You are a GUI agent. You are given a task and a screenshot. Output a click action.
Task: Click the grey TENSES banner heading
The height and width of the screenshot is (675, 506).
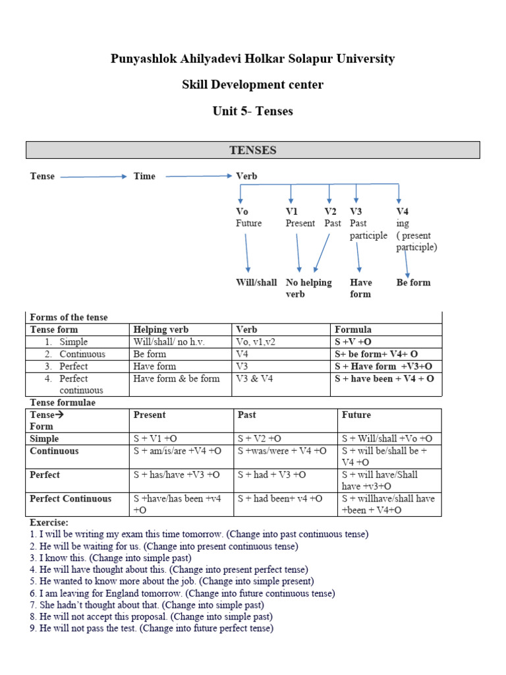point(253,150)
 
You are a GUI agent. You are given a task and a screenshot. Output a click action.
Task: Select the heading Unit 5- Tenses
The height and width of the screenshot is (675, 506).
point(253,111)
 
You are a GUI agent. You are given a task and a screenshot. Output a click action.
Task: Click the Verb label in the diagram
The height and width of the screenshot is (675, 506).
point(246,176)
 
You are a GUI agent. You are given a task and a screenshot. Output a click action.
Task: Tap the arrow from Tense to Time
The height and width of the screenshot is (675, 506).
point(93,177)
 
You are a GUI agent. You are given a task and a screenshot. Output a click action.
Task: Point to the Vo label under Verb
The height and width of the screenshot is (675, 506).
point(242,212)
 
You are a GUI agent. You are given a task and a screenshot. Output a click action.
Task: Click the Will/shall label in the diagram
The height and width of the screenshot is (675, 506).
point(256,282)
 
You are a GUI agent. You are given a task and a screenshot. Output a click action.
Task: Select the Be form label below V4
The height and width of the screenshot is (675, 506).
point(413,282)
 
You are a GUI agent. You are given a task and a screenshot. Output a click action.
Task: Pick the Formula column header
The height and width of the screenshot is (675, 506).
point(353,330)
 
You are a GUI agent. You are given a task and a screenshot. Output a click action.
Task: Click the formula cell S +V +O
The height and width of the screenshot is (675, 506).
point(353,342)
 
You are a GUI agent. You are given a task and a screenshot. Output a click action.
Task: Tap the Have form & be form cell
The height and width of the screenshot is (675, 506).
point(177,378)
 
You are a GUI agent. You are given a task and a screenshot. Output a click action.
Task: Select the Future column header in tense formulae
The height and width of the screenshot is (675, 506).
point(356,415)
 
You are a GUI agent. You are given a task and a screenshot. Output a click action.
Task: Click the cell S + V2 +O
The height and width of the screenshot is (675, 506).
point(260,438)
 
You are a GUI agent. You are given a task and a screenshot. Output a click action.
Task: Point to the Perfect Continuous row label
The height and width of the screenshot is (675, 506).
point(70,499)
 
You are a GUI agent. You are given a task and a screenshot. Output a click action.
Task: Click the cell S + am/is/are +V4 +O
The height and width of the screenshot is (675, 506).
point(177,451)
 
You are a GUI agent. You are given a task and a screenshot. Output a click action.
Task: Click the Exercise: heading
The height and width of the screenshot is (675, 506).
point(49,523)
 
